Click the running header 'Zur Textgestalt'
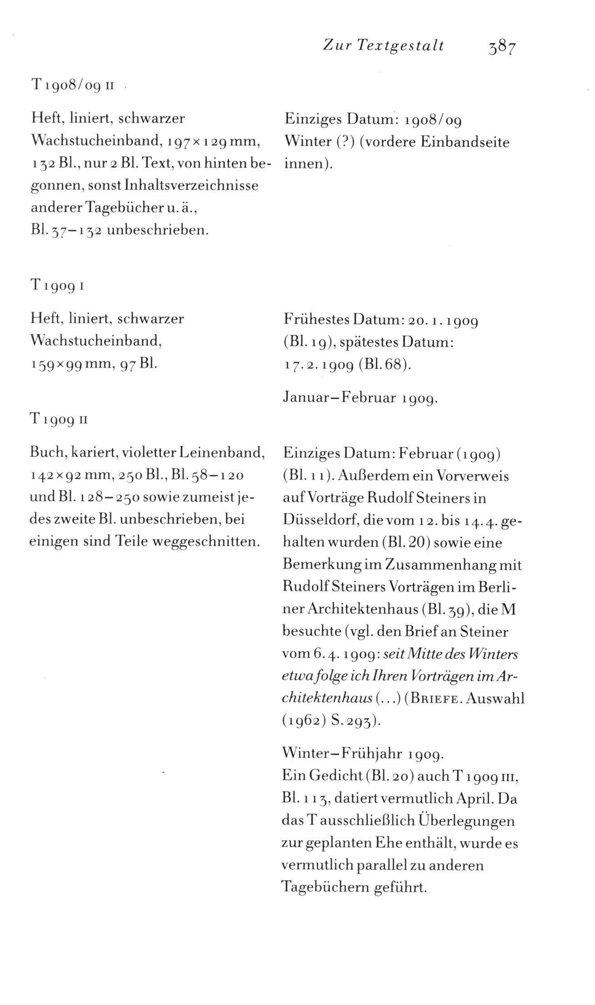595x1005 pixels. click(x=383, y=45)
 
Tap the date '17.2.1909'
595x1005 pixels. click(x=318, y=364)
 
